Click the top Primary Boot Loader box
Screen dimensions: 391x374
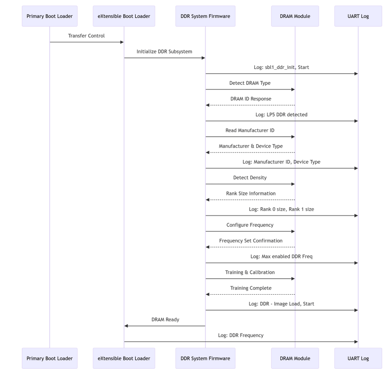[50, 16]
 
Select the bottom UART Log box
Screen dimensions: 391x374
[358, 358]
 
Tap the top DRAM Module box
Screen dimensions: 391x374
[295, 16]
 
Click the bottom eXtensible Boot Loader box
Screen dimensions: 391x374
[124, 358]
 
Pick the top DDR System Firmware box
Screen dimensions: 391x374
[205, 16]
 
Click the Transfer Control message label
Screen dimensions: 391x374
[86, 36]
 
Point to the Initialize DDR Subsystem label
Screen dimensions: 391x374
[164, 51]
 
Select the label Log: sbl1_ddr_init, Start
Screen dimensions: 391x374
[281, 67]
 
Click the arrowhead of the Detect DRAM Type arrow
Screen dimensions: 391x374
[293, 89]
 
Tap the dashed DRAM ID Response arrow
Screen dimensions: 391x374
[250, 105]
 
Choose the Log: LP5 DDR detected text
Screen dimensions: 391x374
[281, 114]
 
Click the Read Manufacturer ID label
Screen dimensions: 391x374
[250, 130]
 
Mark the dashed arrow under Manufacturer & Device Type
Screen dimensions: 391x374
[250, 153]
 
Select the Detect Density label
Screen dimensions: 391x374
[250, 178]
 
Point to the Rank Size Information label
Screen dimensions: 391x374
[251, 193]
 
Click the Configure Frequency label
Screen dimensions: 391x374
[250, 225]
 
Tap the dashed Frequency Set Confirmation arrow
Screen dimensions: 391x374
[250, 247]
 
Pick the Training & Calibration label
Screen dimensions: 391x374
[250, 272]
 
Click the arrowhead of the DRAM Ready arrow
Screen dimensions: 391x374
[126, 326]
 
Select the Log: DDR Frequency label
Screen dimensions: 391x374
[240, 336]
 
